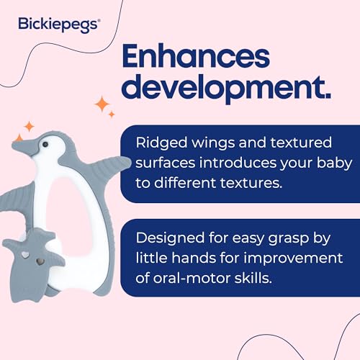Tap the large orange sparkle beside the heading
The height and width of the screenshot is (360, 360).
tap(106, 106)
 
